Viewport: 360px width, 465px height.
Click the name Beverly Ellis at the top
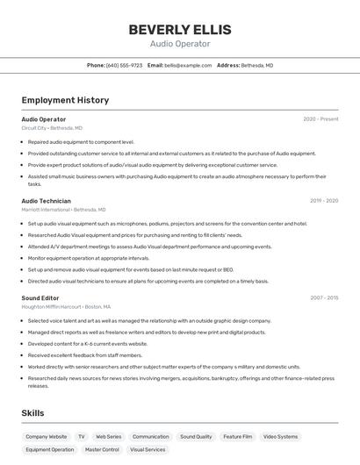180,30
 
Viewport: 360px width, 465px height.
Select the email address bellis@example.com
188,65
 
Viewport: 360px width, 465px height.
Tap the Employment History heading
65,100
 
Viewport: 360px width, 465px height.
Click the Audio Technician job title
46,201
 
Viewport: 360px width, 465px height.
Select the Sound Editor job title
40,297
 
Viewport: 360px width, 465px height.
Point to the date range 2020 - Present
320,119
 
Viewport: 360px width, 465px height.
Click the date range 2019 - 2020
324,201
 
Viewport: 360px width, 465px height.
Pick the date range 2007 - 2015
324,297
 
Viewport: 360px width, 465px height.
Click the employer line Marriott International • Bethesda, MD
63,210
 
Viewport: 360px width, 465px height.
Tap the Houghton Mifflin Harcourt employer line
66,306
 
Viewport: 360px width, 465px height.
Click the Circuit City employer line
52,128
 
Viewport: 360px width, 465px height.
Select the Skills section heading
32,412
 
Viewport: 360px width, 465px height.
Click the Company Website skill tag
46,436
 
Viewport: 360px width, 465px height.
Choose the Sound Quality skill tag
196,436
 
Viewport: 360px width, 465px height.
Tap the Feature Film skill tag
237,436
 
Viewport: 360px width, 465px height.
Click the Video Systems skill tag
281,436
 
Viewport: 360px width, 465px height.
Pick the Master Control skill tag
102,449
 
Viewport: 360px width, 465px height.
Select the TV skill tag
81,436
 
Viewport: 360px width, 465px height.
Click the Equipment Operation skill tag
49,449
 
